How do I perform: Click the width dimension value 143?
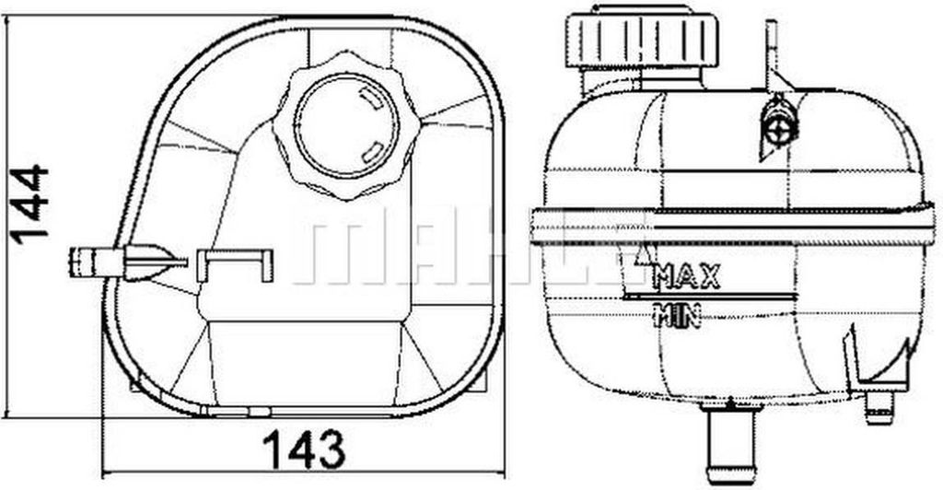point(303,449)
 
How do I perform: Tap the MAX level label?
point(686,274)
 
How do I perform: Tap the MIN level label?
point(678,316)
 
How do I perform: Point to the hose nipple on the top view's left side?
point(92,262)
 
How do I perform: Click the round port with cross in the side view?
point(780,126)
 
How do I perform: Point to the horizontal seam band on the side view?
point(728,226)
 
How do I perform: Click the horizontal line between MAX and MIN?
point(709,297)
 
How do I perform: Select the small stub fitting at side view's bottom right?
point(879,406)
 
